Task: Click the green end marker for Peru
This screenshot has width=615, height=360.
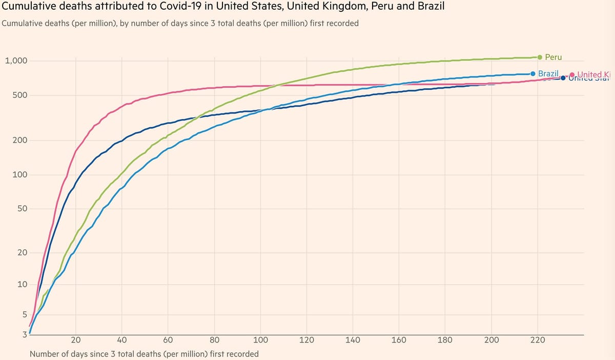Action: tap(540, 57)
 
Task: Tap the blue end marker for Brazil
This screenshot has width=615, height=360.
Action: tap(533, 74)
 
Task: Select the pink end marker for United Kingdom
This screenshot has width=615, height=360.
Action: tap(572, 74)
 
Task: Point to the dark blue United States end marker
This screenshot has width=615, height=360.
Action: tap(563, 78)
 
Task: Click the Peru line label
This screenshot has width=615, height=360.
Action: tap(553, 57)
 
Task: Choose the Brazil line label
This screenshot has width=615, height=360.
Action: tap(548, 74)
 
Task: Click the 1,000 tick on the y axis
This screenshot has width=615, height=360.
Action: tap(15, 61)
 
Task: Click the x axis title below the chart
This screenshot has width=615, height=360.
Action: tap(144, 354)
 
